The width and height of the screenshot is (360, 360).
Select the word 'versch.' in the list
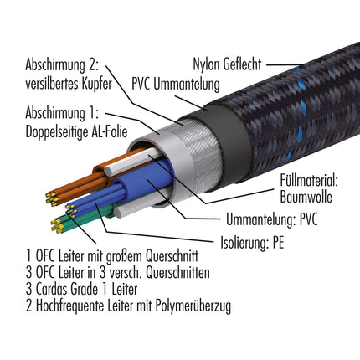coord(132,272)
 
